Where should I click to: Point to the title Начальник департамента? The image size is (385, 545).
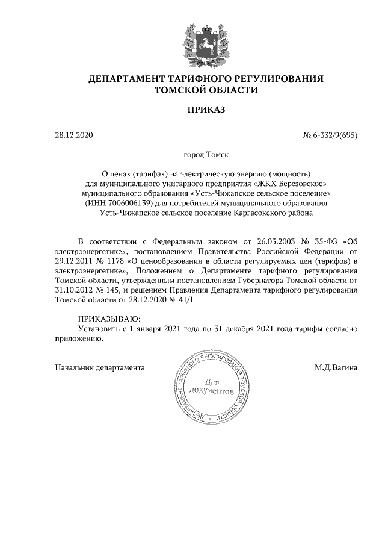tap(99, 367)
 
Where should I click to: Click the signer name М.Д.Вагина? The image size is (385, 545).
tap(335, 367)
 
